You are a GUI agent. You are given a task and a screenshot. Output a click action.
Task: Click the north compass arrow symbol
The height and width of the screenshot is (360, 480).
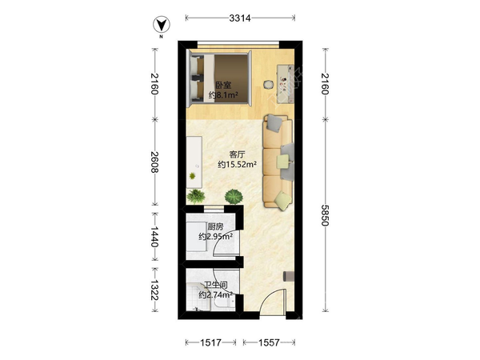162,25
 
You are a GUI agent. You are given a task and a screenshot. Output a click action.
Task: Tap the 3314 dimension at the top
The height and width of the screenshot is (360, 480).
240,18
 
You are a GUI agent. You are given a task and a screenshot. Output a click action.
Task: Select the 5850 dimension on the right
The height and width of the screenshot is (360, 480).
325,215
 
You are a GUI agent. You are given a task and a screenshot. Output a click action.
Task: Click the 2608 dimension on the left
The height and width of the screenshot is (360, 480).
155,162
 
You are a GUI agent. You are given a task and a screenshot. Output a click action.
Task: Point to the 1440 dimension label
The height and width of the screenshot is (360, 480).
155,237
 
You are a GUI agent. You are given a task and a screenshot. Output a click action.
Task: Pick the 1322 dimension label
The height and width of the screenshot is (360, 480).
155,290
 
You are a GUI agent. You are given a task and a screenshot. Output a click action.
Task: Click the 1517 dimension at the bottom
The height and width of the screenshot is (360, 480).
210,342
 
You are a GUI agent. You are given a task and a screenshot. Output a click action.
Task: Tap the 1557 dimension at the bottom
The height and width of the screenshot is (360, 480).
269,342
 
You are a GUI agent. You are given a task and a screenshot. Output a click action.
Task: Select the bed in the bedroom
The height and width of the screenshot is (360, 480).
219,78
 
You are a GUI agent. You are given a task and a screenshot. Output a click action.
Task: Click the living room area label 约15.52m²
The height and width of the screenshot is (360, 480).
238,164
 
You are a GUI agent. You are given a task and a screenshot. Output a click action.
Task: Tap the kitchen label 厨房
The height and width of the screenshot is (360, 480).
215,227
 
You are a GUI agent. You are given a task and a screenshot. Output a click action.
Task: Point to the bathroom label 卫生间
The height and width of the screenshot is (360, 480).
216,286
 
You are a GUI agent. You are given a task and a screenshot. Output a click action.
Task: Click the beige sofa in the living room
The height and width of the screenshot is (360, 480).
278,162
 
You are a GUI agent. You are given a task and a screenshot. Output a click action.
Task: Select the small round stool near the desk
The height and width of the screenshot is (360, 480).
269,84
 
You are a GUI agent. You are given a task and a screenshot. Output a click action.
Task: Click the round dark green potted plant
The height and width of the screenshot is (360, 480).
234,196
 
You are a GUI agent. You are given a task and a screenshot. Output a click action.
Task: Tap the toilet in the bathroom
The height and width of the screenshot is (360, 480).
222,304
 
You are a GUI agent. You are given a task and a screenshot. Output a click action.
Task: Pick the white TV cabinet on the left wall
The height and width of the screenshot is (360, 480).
194,162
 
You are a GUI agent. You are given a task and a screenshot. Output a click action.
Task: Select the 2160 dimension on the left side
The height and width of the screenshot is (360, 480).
155,84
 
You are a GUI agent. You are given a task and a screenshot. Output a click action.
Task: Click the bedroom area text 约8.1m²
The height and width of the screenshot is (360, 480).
223,95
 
